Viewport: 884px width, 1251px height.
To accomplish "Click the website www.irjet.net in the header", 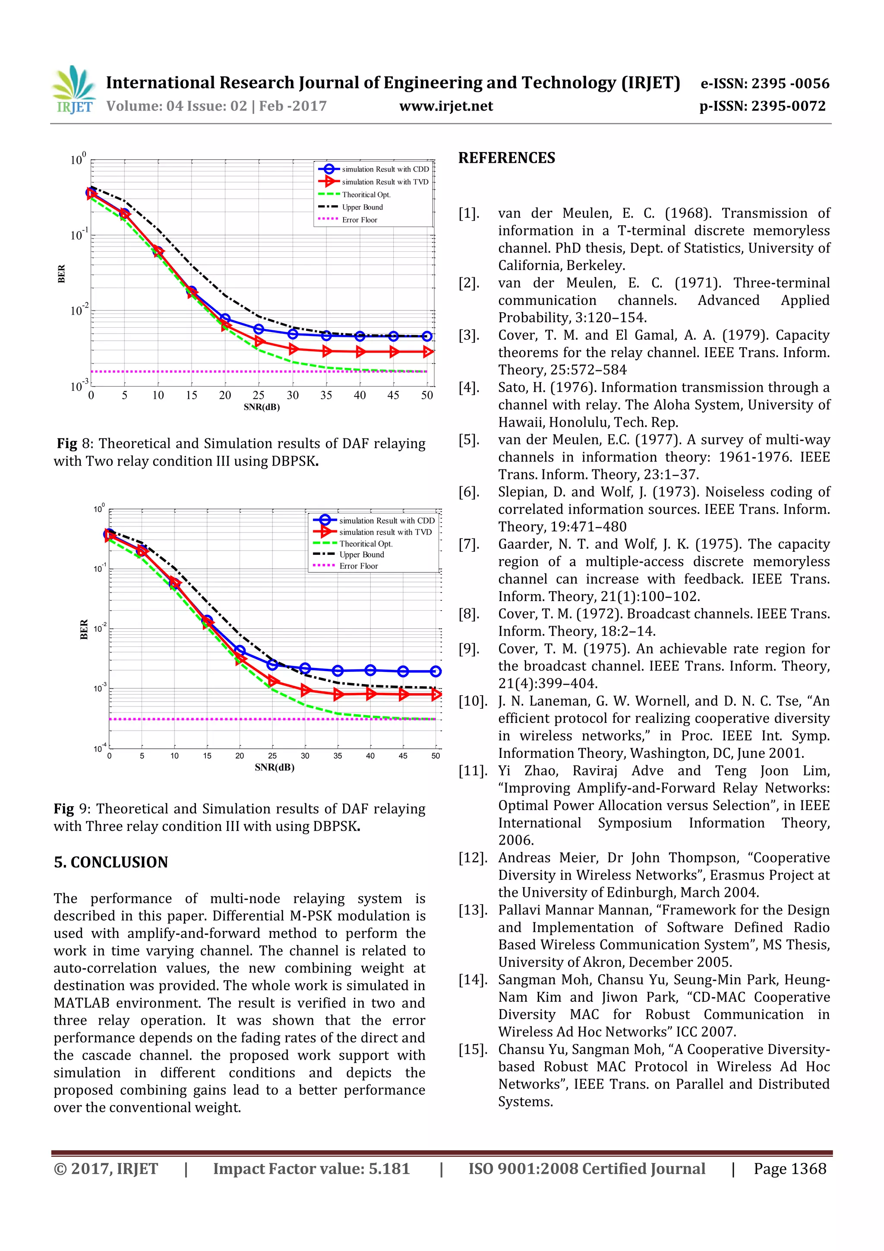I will [x=445, y=106].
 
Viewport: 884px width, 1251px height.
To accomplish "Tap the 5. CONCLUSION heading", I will [x=111, y=862].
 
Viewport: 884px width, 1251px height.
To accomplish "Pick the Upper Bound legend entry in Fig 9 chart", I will [x=361, y=554].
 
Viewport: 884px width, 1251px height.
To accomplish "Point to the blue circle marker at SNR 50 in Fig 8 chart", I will [x=427, y=337].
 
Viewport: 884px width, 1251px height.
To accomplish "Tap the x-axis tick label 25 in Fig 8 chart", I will [x=259, y=396].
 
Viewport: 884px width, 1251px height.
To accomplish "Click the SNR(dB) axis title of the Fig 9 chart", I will [x=274, y=767].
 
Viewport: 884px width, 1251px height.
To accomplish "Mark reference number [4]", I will [x=469, y=387].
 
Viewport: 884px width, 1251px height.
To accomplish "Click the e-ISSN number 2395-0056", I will [x=790, y=83].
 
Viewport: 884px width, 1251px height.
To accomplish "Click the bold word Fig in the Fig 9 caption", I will [x=64, y=808].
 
